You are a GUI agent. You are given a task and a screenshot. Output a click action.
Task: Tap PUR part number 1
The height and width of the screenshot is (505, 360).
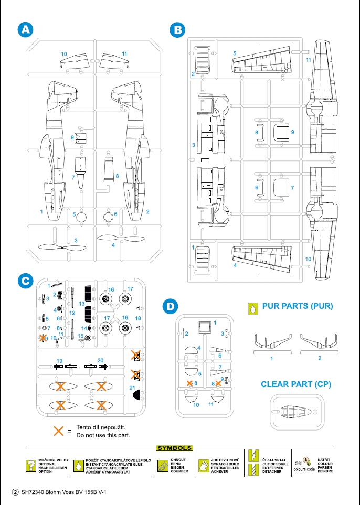tap(272, 345)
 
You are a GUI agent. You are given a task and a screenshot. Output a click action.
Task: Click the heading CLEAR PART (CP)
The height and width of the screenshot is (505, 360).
tap(296, 384)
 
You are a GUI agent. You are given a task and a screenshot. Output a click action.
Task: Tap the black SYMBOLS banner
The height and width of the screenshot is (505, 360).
tap(174, 448)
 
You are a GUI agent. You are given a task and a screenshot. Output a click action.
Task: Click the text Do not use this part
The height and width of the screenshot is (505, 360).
tap(103, 435)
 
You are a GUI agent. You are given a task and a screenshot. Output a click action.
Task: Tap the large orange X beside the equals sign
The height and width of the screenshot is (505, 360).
tap(59, 431)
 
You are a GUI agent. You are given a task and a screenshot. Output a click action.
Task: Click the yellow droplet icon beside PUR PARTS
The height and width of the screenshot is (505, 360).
tap(252, 308)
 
